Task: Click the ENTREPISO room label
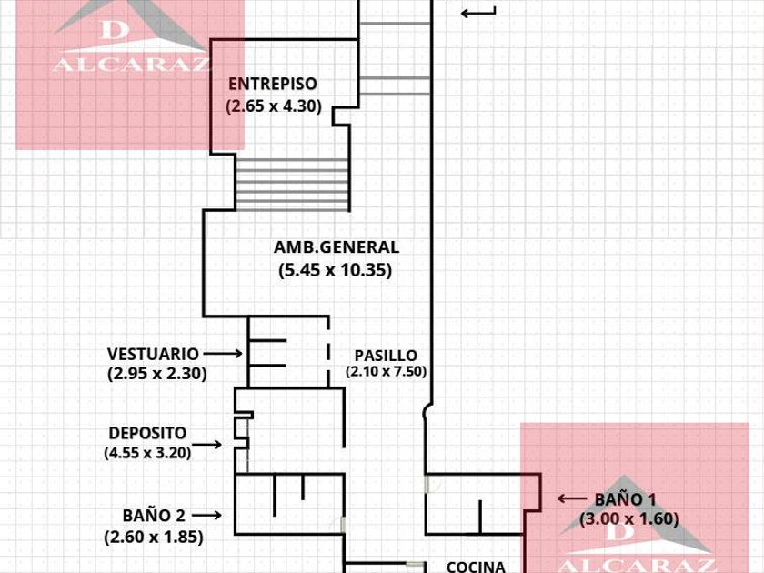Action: [x=272, y=84]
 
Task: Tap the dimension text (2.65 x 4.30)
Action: [x=274, y=106]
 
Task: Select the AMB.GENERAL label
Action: [x=337, y=247]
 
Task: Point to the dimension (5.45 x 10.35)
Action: [x=336, y=269]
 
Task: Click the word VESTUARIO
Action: [x=153, y=354]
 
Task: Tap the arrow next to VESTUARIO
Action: [x=223, y=353]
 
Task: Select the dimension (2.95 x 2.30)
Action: [x=156, y=374]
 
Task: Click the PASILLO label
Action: [x=386, y=356]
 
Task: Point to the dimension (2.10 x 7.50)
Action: [x=386, y=372]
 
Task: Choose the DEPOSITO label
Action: [x=147, y=433]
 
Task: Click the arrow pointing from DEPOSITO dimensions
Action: [x=206, y=445]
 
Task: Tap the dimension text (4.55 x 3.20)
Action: [x=147, y=453]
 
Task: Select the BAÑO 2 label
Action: [x=154, y=516]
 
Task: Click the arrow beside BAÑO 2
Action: [x=206, y=515]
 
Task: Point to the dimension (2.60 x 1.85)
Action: [x=154, y=537]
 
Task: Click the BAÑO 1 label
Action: [x=625, y=499]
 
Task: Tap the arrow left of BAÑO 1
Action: [x=572, y=498]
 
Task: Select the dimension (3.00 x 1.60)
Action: [x=629, y=519]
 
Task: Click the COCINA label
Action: [x=476, y=567]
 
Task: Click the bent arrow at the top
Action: [x=478, y=13]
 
